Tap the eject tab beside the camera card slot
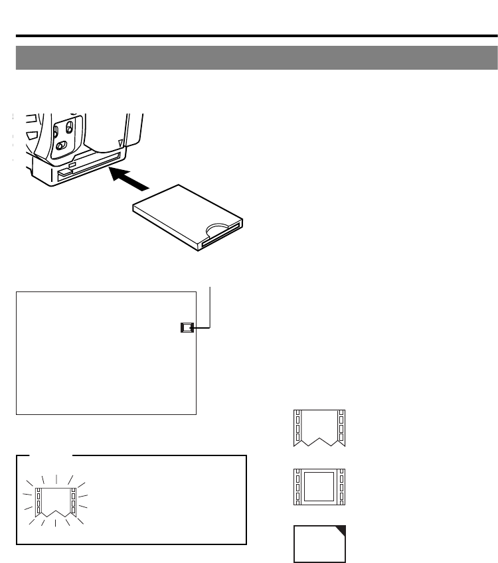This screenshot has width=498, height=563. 64,173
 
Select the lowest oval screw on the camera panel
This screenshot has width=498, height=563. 60,145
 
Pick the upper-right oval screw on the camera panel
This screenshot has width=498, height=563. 70,127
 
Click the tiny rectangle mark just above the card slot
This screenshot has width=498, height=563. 72,164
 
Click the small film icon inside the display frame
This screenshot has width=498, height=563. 188,327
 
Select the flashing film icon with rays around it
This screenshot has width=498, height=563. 55,497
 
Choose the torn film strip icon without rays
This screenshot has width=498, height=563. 319,428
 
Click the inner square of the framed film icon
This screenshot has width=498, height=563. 319,487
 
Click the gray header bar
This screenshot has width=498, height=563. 256,58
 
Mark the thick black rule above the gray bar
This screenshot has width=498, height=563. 256,36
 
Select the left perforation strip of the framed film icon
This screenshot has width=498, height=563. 297,487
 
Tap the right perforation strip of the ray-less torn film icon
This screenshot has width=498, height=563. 341,428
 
